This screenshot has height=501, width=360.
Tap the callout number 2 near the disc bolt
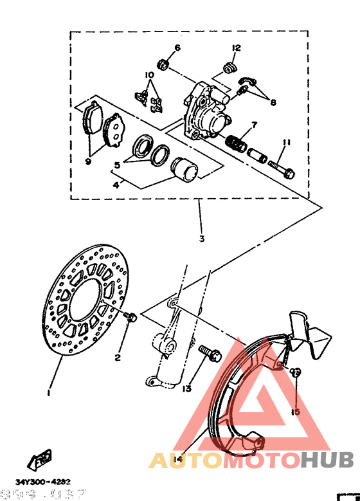point(118,358)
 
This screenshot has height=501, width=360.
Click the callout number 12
point(236,48)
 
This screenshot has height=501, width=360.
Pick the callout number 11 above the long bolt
point(287,142)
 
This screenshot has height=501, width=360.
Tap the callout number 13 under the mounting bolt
point(187,388)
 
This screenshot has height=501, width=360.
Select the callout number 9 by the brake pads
point(88,161)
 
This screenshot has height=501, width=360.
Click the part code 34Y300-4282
point(43,481)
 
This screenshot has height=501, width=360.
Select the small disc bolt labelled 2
point(130,316)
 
